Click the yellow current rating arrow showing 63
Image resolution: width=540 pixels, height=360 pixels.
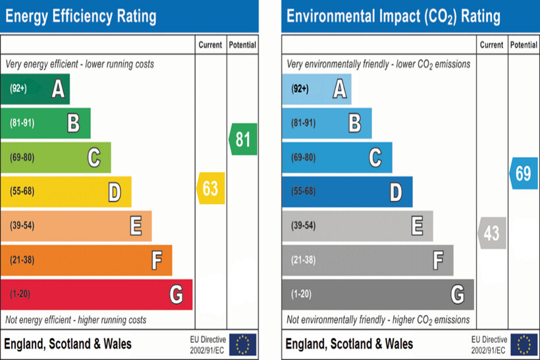211,189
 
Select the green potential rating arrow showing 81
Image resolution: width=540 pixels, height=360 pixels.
243,140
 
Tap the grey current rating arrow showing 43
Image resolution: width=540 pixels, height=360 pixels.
491,233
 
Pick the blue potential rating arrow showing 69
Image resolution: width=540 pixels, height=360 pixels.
523,174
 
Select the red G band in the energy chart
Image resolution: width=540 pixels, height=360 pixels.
96,294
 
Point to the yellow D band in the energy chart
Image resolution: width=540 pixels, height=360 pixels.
66,192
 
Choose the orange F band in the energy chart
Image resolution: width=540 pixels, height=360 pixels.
86,260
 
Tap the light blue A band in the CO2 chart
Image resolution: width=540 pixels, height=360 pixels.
316,88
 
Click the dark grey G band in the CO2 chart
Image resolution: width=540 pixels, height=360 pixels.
377,294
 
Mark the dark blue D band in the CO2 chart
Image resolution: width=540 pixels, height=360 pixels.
347,192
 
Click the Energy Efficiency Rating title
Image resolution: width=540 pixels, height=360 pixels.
81,16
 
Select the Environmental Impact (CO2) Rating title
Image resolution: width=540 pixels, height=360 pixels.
393,16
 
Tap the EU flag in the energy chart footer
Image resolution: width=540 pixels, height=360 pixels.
243,344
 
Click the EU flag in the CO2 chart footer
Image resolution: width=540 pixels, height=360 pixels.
524,344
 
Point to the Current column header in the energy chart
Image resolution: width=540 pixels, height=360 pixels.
211,45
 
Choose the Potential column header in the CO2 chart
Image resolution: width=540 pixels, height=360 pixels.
524,45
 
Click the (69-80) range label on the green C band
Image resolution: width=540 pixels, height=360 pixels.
23,157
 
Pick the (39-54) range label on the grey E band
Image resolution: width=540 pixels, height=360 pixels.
304,226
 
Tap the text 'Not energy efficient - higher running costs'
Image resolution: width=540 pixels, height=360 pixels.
76,320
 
